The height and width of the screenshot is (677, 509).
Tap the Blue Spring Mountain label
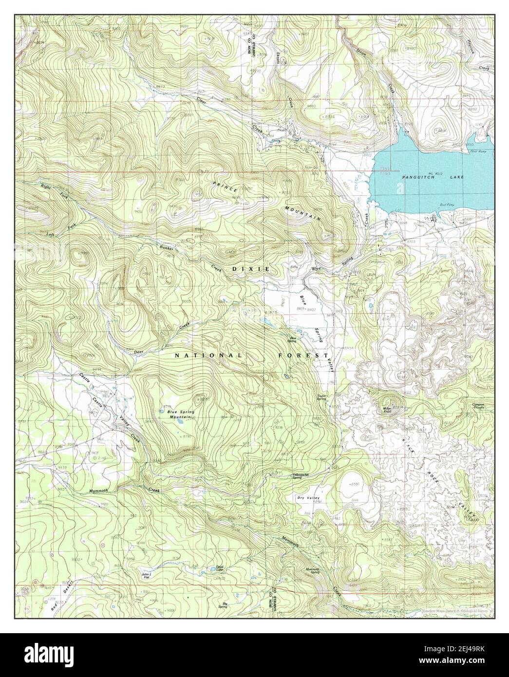point(178,414)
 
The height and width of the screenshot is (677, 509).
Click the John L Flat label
point(147,576)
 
